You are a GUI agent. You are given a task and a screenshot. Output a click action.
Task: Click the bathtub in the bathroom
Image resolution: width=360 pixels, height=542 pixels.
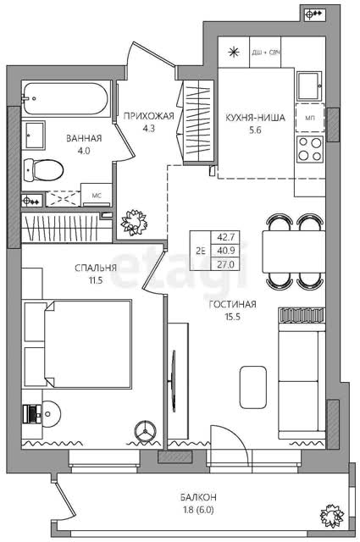[x=66, y=98]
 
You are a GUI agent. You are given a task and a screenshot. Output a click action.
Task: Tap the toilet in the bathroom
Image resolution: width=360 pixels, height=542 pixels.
[x=44, y=170]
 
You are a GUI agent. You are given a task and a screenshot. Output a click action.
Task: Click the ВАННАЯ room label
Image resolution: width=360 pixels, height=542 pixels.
[x=84, y=139]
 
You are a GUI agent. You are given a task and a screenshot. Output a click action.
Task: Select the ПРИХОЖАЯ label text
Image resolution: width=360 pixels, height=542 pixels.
[x=149, y=116]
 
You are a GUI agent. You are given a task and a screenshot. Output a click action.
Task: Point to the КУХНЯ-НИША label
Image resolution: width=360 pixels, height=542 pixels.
[x=255, y=118]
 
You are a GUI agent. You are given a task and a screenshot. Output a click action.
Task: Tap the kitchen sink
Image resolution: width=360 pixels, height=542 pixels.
[x=310, y=86]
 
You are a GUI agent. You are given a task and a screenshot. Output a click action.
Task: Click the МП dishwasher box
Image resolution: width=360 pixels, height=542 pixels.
[x=310, y=118]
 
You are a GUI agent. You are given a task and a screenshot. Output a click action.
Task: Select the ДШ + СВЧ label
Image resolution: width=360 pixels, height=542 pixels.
[x=266, y=53]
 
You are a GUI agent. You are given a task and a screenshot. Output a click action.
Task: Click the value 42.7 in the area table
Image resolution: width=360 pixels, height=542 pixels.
[x=225, y=237]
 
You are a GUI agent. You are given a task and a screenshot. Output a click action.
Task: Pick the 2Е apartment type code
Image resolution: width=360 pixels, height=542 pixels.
[x=201, y=252]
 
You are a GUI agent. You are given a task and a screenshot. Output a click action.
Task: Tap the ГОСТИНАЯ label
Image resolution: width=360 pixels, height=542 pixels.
[x=232, y=304]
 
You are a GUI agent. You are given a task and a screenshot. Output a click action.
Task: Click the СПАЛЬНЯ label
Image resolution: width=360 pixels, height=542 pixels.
[x=96, y=268]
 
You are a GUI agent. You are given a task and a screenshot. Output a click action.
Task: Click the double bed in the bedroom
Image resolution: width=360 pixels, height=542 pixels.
[x=88, y=345]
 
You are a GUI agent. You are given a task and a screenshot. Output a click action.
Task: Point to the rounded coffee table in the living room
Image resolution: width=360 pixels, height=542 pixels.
[x=252, y=387]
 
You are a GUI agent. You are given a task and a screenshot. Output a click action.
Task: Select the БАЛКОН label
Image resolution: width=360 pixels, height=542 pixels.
[x=198, y=497]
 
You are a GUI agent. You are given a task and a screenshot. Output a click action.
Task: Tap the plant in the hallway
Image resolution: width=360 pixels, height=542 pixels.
[x=134, y=223]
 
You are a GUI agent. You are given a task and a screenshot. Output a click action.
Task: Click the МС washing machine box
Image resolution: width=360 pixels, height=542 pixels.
[x=97, y=196]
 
